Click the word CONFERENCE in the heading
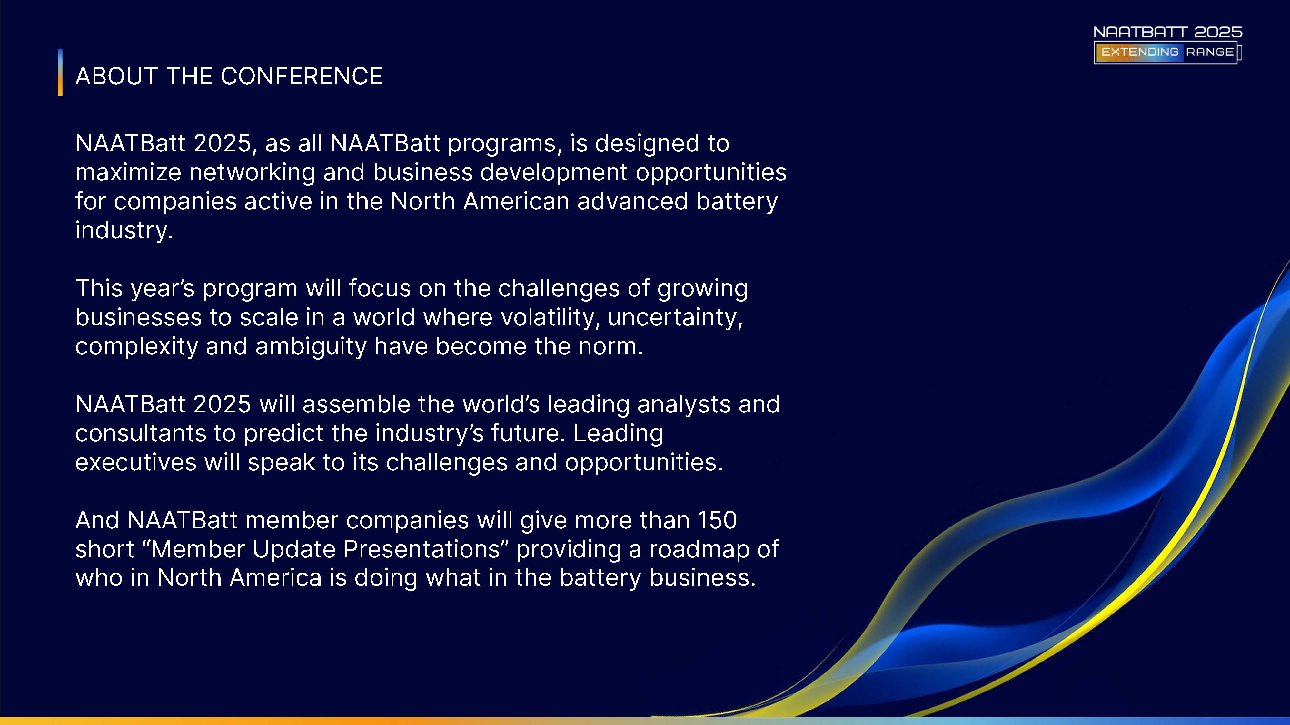pos(302,76)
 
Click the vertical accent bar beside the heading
pos(60,72)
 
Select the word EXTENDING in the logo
pos(1140,52)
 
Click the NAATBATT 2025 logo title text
pos(1168,32)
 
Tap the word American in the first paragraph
pos(516,201)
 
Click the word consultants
pos(141,433)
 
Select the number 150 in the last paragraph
pos(717,520)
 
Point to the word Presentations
pos(422,549)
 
